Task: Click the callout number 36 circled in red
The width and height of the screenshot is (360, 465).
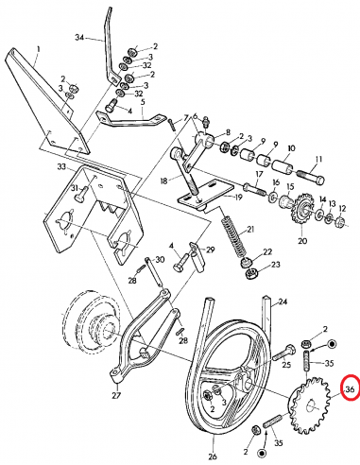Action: tap(350, 389)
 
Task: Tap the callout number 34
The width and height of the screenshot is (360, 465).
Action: tap(79, 38)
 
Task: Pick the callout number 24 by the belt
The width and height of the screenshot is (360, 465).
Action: tap(280, 302)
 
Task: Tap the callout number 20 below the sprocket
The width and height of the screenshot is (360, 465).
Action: tap(302, 241)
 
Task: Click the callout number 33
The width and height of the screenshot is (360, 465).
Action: tap(61, 165)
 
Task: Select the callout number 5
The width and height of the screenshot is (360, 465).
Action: tap(143, 101)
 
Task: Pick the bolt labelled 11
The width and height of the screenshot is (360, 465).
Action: tap(311, 177)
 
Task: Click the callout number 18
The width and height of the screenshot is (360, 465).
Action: tap(165, 179)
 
